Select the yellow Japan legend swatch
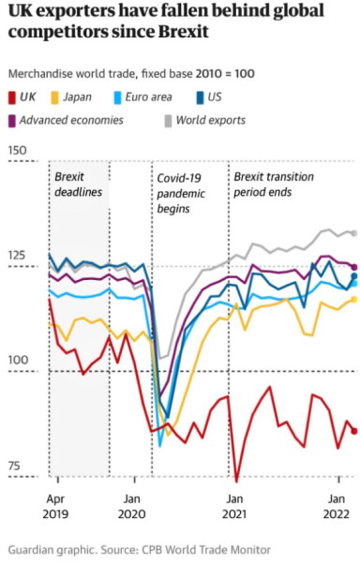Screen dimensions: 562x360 coord(56,96)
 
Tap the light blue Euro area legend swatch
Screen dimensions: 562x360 coord(117,96)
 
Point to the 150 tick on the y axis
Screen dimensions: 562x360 coord(17,151)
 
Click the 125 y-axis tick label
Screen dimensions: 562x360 coord(17,257)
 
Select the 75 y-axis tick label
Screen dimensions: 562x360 coord(14,466)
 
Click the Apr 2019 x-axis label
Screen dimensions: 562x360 coord(57,506)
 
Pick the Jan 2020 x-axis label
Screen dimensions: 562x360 coord(132,506)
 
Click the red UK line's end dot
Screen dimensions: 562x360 coord(353,431)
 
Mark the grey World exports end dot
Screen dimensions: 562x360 coord(353,233)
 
